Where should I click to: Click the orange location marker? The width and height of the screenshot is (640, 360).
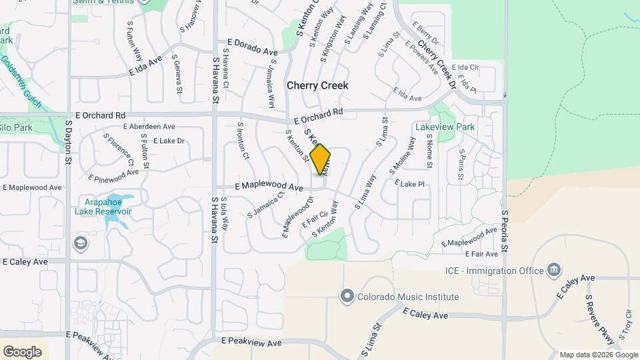[320, 159]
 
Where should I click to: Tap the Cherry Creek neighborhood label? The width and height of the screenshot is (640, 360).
[317, 86]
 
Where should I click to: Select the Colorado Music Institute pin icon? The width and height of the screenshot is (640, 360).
[347, 296]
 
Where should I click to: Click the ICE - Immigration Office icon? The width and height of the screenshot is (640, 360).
[553, 270]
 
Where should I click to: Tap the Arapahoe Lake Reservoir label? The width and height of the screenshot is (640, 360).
[108, 207]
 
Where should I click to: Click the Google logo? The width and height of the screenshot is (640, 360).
[22, 352]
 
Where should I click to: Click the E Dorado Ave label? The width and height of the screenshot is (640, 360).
[252, 46]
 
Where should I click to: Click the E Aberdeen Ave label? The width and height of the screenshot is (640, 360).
[149, 127]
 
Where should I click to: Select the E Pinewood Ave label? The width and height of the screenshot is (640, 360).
[113, 175]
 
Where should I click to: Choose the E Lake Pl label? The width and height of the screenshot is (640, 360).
[409, 183]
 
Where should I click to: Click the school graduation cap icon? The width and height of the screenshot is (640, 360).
[81, 242]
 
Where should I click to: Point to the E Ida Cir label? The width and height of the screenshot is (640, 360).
[465, 67]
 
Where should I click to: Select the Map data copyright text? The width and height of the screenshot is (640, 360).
[597, 355]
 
